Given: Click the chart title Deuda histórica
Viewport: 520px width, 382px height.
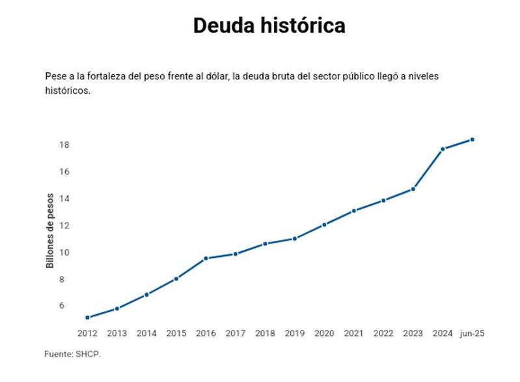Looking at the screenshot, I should [269, 26].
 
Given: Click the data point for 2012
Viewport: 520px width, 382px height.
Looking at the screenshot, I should [87, 318].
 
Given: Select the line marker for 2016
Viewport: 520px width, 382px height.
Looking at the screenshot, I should [206, 258].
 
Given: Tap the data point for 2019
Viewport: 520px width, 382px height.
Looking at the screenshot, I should [295, 239].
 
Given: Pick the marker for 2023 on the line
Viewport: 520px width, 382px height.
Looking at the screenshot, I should [413, 189].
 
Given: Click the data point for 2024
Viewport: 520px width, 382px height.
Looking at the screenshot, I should [443, 149].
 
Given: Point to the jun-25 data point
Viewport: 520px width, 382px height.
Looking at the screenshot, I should [472, 139].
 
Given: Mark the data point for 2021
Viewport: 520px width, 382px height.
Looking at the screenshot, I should [354, 211].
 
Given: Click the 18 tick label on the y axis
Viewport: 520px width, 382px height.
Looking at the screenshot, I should [64, 144].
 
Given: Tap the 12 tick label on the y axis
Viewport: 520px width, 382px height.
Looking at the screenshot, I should [64, 225].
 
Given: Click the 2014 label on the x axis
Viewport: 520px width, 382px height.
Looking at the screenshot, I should [146, 333].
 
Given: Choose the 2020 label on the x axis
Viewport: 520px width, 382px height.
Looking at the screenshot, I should [324, 333].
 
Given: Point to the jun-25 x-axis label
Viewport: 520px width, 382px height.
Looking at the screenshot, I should [472, 333].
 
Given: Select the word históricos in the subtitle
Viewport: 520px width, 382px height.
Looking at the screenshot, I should [67, 91].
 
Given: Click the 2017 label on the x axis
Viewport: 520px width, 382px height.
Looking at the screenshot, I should [236, 333].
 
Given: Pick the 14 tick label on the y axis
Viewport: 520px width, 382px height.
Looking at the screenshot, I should [64, 198].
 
